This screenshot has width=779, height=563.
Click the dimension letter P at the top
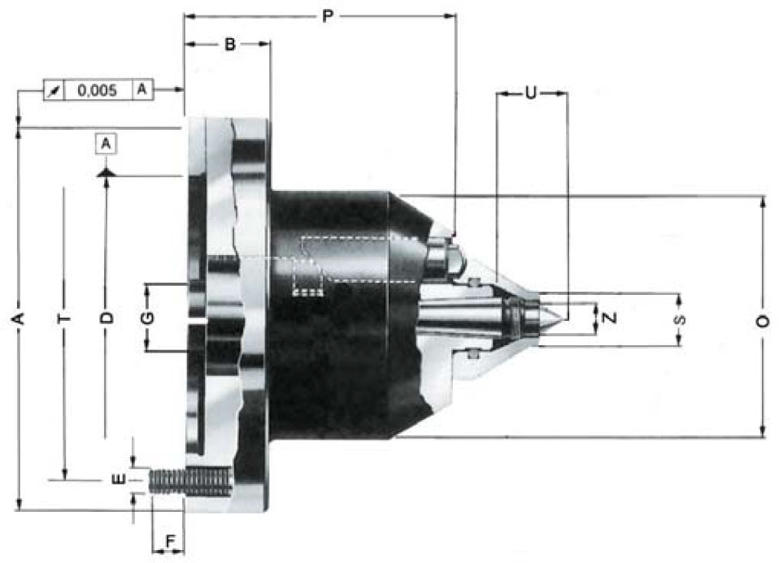tap(328, 16)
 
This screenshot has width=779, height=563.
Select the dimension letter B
tap(230, 44)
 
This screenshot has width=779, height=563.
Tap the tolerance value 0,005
tap(98, 90)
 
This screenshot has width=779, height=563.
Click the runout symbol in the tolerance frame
tap(54, 91)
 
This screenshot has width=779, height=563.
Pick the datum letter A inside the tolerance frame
tap(142, 89)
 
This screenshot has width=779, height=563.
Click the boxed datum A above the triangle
tap(106, 144)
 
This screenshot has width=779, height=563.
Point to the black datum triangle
tap(106, 172)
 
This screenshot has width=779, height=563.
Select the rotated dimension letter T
tap(64, 318)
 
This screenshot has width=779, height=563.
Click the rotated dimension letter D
tap(107, 318)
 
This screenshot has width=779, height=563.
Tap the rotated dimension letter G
tap(147, 318)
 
